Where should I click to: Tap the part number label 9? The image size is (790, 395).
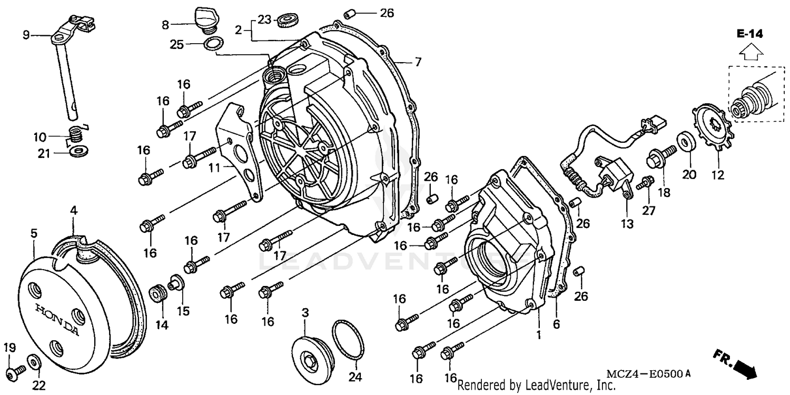[x=26, y=35]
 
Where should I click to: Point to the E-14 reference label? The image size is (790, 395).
[x=750, y=34]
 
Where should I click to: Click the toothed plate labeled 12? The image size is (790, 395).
[x=708, y=129]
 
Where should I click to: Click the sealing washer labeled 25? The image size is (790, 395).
[x=212, y=44]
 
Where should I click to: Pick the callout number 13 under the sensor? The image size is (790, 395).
[x=626, y=224]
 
